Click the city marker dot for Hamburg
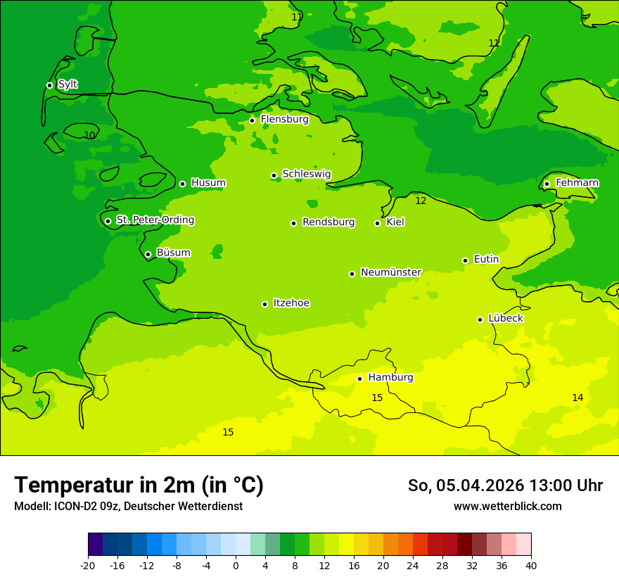tap(359, 379)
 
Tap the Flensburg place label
tap(284, 120)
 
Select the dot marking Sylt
tap(49, 85)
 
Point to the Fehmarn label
tap(577, 183)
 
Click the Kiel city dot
tap(377, 223)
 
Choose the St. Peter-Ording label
tap(155, 220)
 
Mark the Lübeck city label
tap(505, 318)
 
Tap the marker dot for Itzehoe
tap(264, 304)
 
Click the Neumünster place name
tap(390, 272)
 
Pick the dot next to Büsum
tap(148, 254)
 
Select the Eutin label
tap(486, 260)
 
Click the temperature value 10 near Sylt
tap(89, 135)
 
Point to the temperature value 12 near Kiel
tap(421, 201)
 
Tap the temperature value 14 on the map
tap(577, 398)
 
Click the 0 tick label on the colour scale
tap(236, 566)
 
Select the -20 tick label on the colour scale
tap(88, 566)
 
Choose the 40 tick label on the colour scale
tap(531, 566)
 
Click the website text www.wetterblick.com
tap(507, 507)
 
